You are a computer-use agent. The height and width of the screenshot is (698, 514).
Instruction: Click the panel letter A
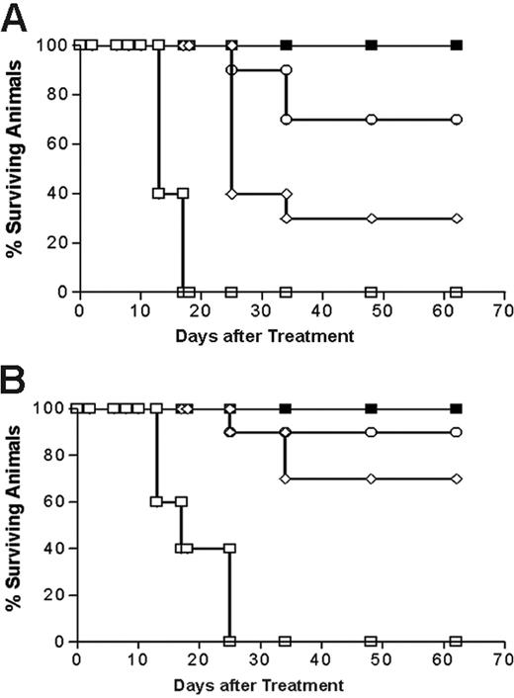[16, 17]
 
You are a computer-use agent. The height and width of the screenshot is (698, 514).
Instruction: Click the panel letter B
[16, 378]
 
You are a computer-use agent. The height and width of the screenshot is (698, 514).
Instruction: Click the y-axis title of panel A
[17, 168]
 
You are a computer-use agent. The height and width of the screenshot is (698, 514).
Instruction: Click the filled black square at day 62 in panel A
[457, 44]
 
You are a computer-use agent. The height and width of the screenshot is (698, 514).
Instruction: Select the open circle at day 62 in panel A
[457, 119]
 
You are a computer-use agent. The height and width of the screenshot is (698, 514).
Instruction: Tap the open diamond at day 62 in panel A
[457, 218]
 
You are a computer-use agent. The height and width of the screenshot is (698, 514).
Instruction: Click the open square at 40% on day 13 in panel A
[158, 193]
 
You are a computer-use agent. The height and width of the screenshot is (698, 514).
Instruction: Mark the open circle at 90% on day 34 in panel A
[286, 70]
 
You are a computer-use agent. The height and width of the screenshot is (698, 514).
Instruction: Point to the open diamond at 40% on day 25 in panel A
[231, 193]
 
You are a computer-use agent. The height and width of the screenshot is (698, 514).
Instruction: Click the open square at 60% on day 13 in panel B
[155, 501]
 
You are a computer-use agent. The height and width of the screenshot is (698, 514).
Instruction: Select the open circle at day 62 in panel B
[456, 432]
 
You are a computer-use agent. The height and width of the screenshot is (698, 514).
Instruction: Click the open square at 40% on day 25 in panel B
[229, 548]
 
